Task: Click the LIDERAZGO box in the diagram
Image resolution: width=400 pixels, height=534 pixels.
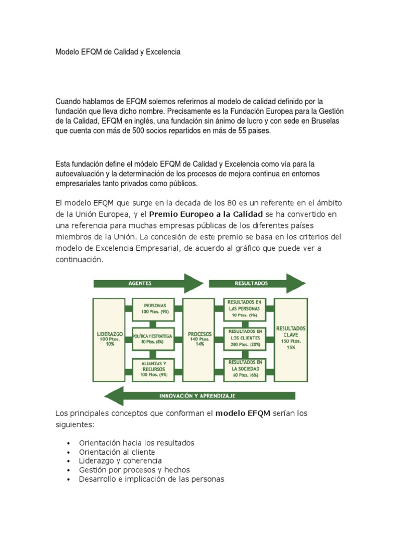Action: (109, 336)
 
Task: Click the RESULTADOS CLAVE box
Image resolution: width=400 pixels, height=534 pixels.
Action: (291, 336)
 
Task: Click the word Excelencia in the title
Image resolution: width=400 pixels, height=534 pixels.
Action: (163, 52)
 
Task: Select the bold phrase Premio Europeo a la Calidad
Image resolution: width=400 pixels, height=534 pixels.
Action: (206, 214)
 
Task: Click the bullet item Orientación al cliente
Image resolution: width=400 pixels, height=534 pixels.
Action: (117, 452)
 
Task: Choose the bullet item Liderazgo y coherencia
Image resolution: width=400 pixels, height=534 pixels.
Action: (120, 460)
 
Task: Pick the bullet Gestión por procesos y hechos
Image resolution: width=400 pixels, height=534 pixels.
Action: (134, 470)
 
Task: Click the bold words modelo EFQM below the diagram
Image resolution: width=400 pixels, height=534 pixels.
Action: (243, 414)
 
